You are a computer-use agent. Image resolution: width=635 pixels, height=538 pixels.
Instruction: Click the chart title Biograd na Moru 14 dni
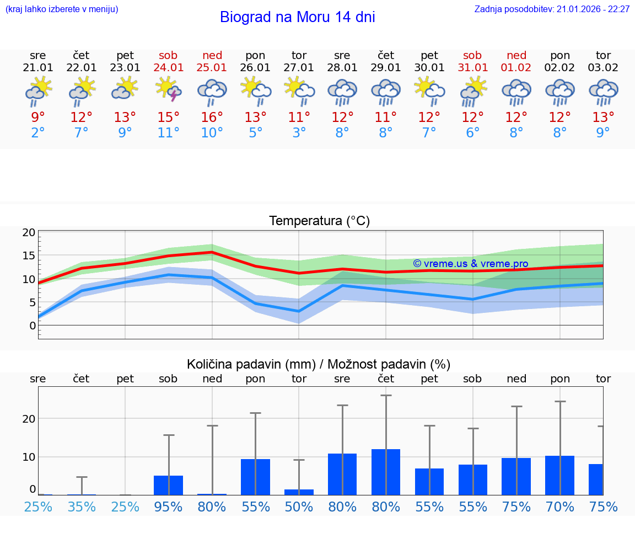pos(297,17)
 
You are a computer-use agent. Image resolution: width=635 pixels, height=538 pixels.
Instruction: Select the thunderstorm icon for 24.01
pos(169,89)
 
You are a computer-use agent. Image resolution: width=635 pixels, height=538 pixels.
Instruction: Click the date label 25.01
pos(212,67)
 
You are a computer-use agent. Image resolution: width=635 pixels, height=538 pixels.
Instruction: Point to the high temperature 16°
pos(212,118)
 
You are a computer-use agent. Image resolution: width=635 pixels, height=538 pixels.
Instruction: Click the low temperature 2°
pos(38,133)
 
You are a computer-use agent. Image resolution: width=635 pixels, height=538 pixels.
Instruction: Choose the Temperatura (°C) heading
pos(319,221)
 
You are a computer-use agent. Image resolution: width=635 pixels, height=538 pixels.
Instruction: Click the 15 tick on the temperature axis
pos(29,255)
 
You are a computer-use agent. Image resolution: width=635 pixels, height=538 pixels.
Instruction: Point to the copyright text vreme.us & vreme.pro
pos(470,264)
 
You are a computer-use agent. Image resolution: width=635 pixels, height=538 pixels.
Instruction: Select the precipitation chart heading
pos(319,364)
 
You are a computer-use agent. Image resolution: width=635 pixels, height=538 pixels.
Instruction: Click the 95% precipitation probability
pos(169,507)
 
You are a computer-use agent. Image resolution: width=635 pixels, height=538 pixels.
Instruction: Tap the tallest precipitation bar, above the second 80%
pos(386,472)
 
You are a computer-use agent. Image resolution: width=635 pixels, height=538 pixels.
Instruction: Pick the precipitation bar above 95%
pos(169,485)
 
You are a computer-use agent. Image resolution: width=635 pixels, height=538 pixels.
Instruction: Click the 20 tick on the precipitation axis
pos(29,418)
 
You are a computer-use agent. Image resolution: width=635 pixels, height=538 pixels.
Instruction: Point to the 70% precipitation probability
pos(560,507)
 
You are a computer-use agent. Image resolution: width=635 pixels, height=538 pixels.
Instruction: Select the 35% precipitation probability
pos(82,507)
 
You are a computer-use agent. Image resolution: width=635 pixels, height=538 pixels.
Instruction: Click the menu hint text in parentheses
pos(62,9)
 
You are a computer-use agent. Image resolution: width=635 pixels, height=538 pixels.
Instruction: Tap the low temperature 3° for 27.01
pos(299,133)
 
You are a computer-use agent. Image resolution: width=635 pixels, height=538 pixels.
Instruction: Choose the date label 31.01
pos(472,67)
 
